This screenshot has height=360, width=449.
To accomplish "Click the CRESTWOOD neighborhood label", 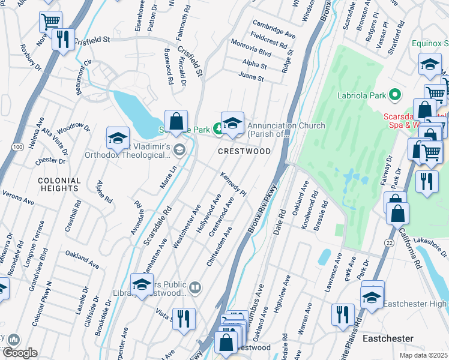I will pos(244,152).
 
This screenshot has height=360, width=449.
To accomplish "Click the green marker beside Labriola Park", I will pos(394,94).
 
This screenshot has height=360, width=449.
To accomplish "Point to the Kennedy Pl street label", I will pos(234,184).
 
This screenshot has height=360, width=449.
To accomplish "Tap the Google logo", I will pos(20,353).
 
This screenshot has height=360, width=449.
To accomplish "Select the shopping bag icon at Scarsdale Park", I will pos(176,122).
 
